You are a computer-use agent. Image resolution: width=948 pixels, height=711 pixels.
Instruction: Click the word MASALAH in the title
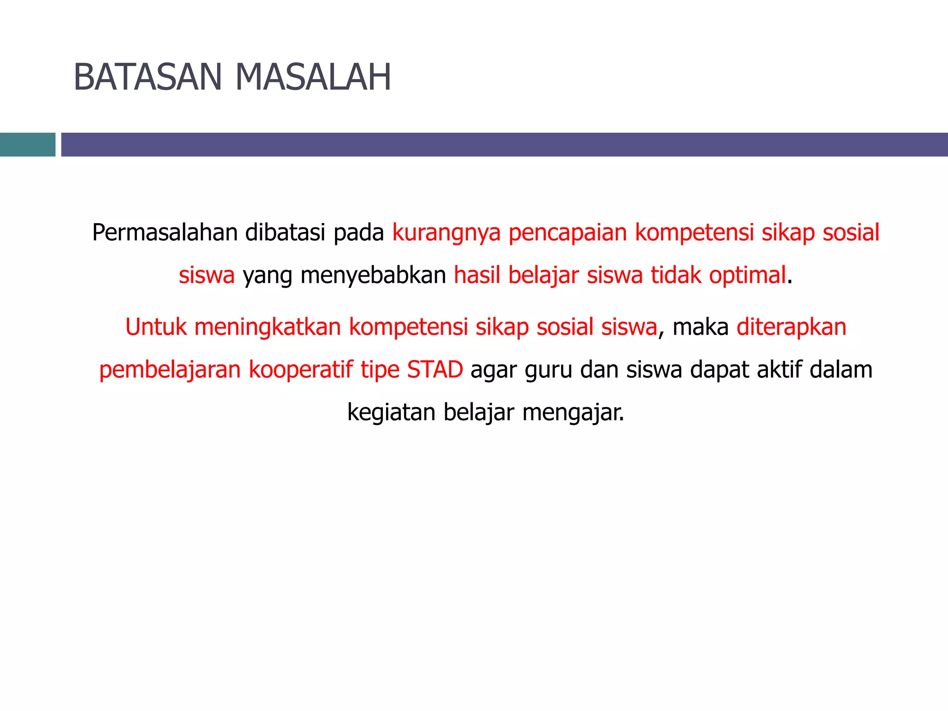pyautogui.click(x=313, y=77)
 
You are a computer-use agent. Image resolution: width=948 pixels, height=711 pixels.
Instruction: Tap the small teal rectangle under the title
pyautogui.click(x=27, y=144)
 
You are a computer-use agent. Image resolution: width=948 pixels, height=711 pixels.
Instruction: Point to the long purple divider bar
pyautogui.click(x=504, y=144)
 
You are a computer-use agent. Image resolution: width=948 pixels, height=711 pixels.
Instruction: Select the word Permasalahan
pyautogui.click(x=165, y=232)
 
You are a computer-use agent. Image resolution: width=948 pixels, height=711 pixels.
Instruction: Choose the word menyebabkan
pyautogui.click(x=373, y=275)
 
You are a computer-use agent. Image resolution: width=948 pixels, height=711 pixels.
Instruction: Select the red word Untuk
pyautogui.click(x=156, y=327)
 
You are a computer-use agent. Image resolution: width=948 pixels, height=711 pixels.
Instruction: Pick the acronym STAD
pyautogui.click(x=435, y=369)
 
